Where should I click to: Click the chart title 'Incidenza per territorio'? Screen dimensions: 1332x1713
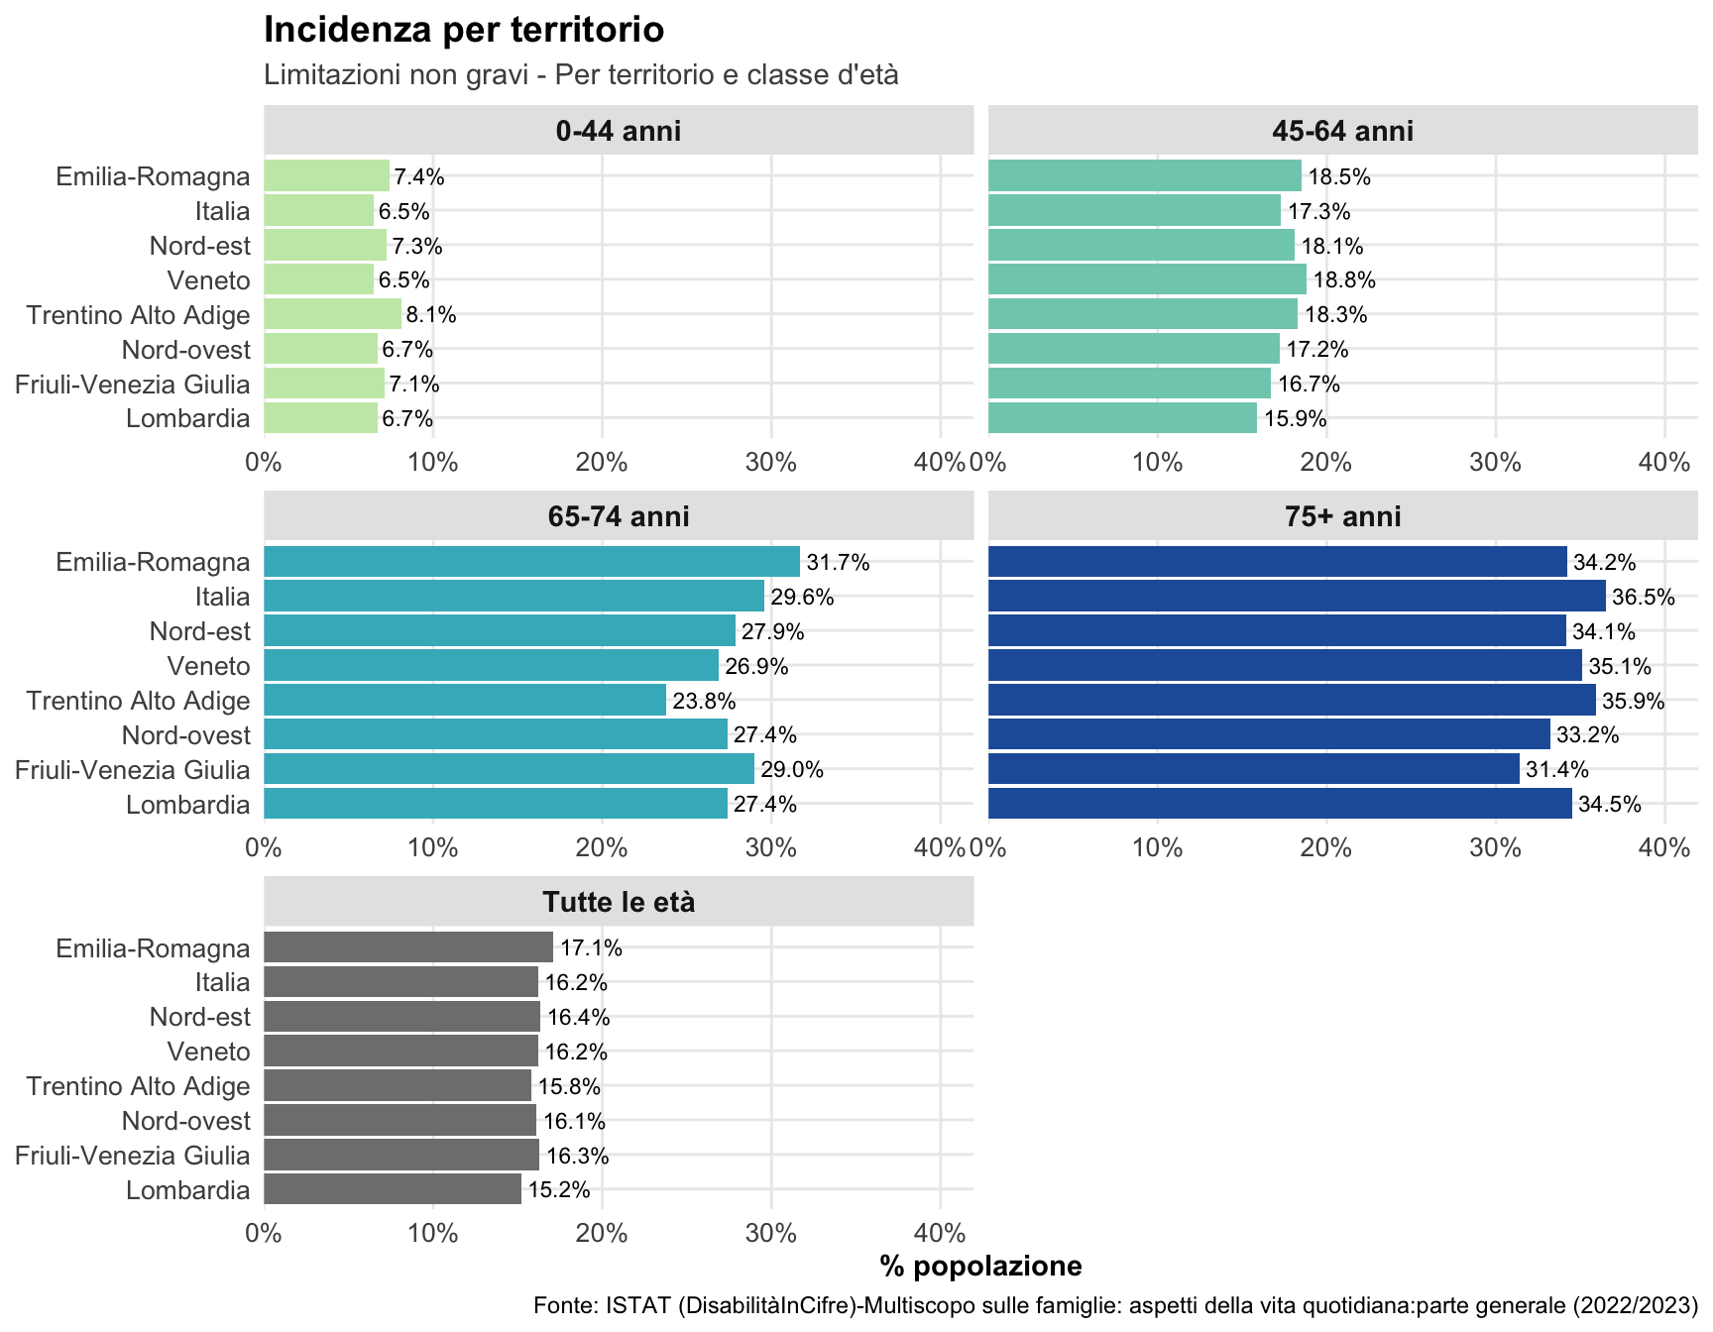pyautogui.click(x=463, y=30)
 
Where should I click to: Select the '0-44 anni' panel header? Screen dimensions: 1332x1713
pyautogui.click(x=619, y=131)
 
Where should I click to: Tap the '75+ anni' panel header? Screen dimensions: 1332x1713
pyautogui.click(x=1343, y=516)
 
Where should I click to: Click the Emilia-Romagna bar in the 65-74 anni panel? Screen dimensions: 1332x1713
pyautogui.click(x=531, y=562)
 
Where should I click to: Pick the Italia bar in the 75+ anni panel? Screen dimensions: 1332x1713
pyautogui.click(x=1297, y=597)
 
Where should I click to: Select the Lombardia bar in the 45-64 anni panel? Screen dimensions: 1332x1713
pyautogui.click(x=1122, y=418)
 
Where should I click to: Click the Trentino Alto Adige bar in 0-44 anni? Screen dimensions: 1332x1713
pyautogui.click(x=332, y=315)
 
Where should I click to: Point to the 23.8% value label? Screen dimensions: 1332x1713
pyautogui.click(x=704, y=702)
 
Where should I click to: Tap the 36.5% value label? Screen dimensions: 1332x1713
pyautogui.click(x=1643, y=598)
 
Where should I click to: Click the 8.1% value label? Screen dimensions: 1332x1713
pyautogui.click(x=431, y=315)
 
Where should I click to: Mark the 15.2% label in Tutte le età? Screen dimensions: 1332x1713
pyautogui.click(x=558, y=1190)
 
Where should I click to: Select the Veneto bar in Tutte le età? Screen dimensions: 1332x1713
pyautogui.click(x=400, y=1052)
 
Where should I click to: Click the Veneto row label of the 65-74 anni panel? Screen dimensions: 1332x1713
pyautogui.click(x=208, y=666)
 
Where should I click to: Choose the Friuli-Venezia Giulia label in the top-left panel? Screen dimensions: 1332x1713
pyautogui.click(x=133, y=385)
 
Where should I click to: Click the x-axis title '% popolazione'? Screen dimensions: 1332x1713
pyautogui.click(x=980, y=1266)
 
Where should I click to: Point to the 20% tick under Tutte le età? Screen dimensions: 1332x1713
pyautogui.click(x=602, y=1234)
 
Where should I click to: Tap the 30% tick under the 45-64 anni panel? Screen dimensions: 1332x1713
pyautogui.click(x=1496, y=462)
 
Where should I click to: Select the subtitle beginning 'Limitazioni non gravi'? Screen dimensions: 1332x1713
pyautogui.click(x=581, y=75)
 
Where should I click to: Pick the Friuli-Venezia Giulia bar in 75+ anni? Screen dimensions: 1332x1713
pyautogui.click(x=1254, y=769)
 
